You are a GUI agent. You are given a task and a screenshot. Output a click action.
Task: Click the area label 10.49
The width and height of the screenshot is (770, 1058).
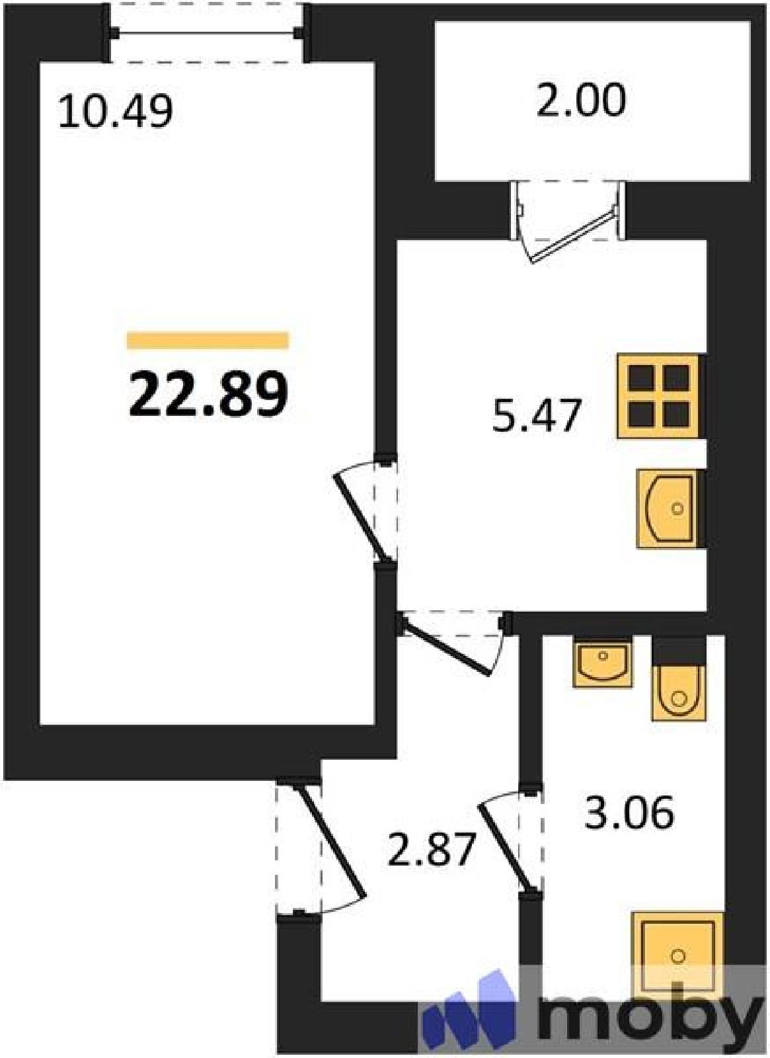pyautogui.click(x=115, y=112)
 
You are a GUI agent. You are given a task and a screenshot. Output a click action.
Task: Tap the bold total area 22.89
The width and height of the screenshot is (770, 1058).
pyautogui.click(x=208, y=394)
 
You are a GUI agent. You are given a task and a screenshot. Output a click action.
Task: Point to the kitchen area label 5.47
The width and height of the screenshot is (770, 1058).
pyautogui.click(x=535, y=416)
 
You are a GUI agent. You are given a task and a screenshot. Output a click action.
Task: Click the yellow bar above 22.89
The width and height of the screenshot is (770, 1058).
pyautogui.click(x=208, y=341)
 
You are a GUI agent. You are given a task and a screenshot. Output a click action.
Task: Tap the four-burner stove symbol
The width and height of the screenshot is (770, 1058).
pyautogui.click(x=658, y=396)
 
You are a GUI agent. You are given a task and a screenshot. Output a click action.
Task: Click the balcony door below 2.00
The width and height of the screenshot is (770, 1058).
pyautogui.click(x=570, y=222)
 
